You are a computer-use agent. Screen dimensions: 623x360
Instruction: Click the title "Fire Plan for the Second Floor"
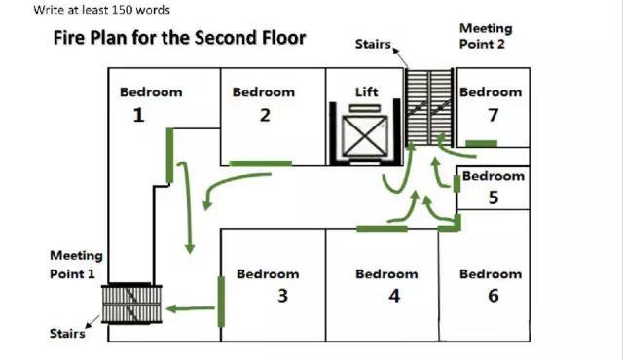pyautogui.click(x=179, y=39)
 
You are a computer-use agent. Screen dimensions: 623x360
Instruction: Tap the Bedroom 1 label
pyautogui.click(x=151, y=103)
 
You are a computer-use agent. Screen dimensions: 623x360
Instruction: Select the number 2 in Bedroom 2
pyautogui.click(x=265, y=115)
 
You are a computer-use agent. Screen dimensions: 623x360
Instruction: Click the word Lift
pyautogui.click(x=366, y=92)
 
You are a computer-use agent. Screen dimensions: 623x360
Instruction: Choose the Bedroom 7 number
pyautogui.click(x=494, y=115)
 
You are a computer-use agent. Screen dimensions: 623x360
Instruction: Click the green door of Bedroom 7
pyautogui.click(x=481, y=143)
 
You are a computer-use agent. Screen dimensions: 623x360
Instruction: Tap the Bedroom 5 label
pyautogui.click(x=494, y=187)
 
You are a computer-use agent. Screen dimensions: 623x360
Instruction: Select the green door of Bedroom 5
pyautogui.click(x=457, y=184)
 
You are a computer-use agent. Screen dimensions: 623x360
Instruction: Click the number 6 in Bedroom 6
pyautogui.click(x=494, y=296)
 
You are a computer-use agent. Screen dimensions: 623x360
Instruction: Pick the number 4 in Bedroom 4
pyautogui.click(x=394, y=296)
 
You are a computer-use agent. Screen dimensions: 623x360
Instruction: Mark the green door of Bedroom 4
pyautogui.click(x=382, y=229)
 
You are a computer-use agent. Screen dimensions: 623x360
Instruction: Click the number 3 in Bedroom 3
pyautogui.click(x=282, y=296)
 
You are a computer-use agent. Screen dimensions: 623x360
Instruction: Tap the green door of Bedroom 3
pyautogui.click(x=221, y=302)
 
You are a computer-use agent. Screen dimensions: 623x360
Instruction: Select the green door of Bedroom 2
pyautogui.click(x=261, y=163)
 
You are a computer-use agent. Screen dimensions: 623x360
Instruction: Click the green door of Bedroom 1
pyautogui.click(x=169, y=156)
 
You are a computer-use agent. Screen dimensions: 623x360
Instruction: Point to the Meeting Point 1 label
pyautogui.click(x=76, y=265)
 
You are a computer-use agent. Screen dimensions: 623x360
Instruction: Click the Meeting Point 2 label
pyautogui.click(x=486, y=36)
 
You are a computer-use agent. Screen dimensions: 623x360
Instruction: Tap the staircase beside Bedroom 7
pyautogui.click(x=429, y=107)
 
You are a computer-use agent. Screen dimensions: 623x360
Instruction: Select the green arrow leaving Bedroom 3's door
pyautogui.click(x=191, y=308)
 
